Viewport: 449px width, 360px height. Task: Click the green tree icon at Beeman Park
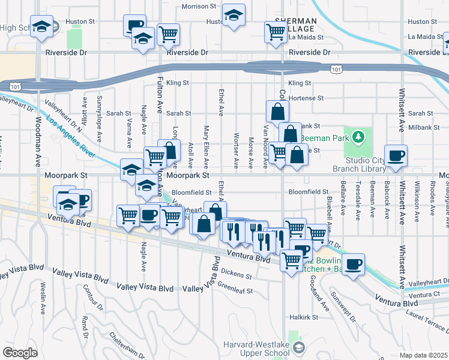(x=358, y=138)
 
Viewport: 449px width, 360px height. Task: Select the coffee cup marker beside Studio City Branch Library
(x=396, y=156)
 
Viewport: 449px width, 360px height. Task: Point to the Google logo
(x=20, y=352)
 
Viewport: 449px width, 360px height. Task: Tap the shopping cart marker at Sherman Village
(x=276, y=32)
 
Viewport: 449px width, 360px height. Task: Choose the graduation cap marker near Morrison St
(x=234, y=16)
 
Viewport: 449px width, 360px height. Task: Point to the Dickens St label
(x=235, y=275)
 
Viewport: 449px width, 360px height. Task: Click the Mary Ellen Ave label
(x=206, y=146)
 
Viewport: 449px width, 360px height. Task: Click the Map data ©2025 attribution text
(x=423, y=355)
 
